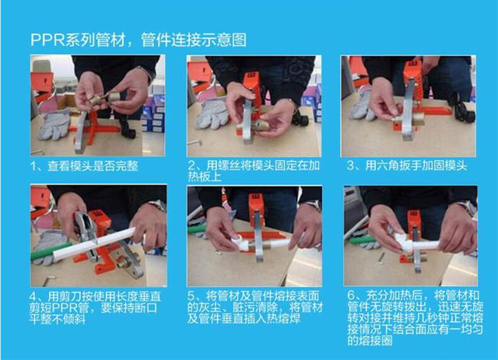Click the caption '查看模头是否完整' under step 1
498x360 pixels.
[x=96, y=166]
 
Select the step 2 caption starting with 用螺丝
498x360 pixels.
[x=252, y=171]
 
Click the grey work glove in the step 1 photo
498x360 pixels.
[x=55, y=122]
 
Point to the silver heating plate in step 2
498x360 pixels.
[x=247, y=124]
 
